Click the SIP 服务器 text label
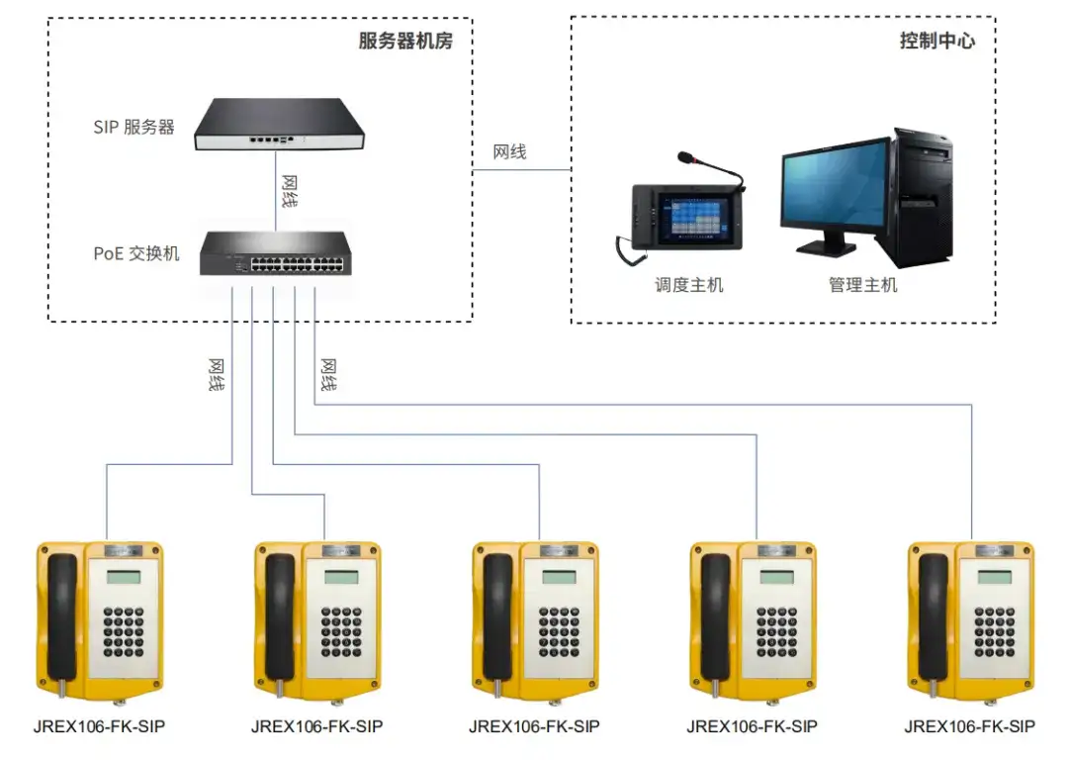point(133,127)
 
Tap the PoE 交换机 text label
point(136,253)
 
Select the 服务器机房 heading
point(405,41)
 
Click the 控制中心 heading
point(937,41)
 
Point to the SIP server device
point(279,124)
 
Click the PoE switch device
point(276,253)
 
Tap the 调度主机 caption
point(688,285)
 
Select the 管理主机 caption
point(862,285)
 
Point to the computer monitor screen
point(835,183)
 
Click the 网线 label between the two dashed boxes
point(509,152)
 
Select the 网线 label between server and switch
point(290,192)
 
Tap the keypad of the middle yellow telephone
point(559,632)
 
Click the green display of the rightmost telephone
point(995,577)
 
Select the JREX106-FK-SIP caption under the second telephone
point(316,726)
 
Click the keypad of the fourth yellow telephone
point(776,632)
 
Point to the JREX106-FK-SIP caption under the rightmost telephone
point(970,726)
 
